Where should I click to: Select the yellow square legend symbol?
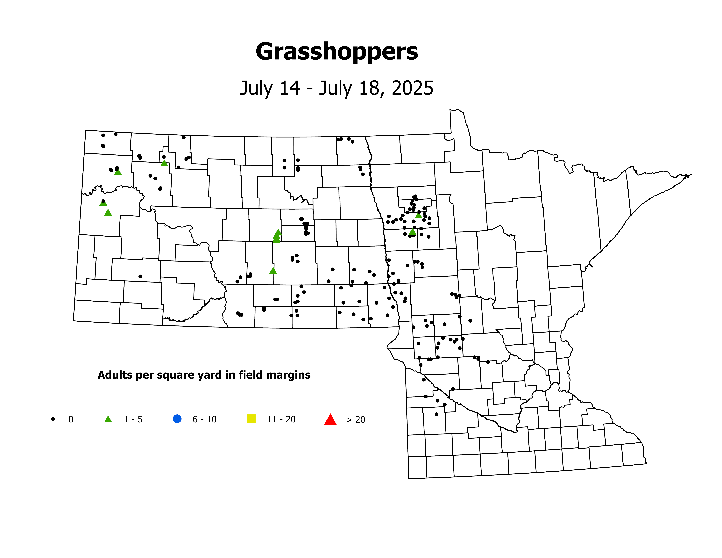(251, 419)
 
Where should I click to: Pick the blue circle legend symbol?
(177, 419)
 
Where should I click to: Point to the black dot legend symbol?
(53, 419)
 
